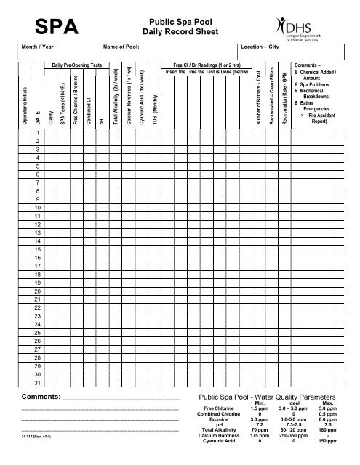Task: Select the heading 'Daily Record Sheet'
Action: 180,33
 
